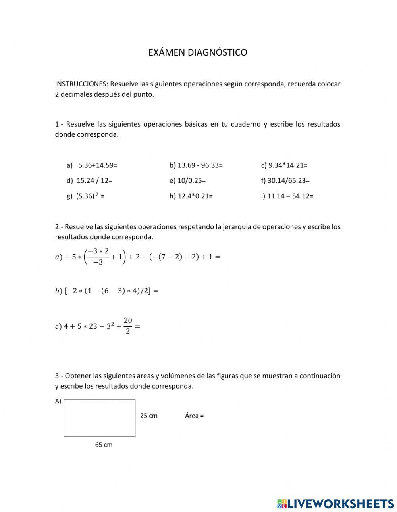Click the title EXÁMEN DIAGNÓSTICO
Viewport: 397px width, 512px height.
point(198,52)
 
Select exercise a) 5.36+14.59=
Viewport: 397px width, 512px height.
point(92,165)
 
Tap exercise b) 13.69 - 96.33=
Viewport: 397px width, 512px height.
point(196,165)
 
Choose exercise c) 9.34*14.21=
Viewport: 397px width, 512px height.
point(284,165)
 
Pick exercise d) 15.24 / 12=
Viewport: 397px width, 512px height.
point(90,181)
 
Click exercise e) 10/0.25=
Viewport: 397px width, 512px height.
point(187,181)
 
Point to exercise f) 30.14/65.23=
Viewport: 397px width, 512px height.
point(285,181)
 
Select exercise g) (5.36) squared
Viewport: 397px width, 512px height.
point(85,196)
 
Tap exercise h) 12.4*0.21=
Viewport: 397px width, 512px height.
point(191,196)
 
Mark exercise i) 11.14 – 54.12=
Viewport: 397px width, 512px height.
point(287,196)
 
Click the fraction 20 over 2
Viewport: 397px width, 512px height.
point(127,326)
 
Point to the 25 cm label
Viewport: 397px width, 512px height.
point(148,416)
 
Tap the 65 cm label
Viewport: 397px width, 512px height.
point(104,445)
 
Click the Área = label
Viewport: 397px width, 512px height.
point(194,416)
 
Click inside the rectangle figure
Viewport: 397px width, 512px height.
point(99,418)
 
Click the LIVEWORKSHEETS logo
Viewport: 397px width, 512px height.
point(335,504)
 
